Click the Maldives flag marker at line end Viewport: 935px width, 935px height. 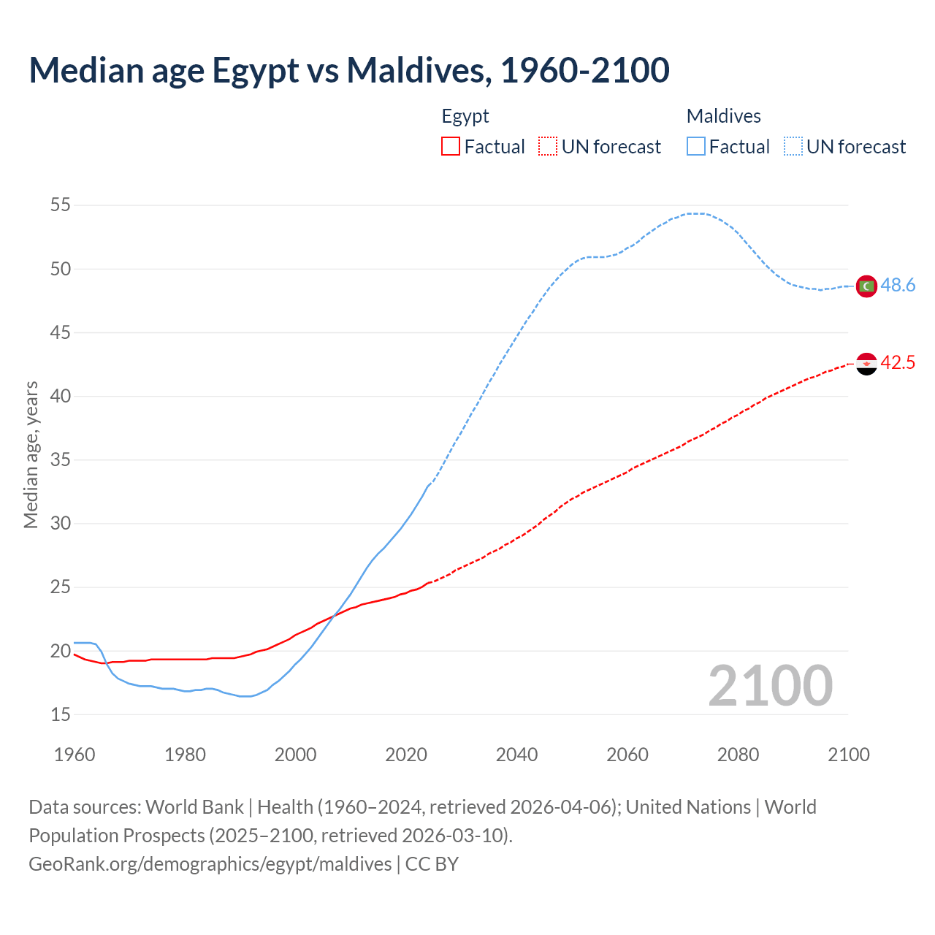point(866,286)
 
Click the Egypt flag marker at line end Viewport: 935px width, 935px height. point(866,363)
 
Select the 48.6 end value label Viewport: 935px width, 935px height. point(898,286)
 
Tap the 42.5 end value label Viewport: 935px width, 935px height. point(898,362)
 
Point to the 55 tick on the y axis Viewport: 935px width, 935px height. point(61,205)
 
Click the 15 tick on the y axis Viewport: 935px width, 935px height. point(61,714)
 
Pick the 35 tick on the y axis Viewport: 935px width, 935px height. point(61,460)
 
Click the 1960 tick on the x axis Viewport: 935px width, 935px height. point(75,755)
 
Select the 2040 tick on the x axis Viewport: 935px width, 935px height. point(516,755)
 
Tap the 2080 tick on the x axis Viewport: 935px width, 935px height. point(738,755)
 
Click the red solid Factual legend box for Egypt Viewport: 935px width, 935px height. point(451,147)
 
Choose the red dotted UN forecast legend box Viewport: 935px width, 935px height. point(548,147)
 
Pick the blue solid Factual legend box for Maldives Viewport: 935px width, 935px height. point(696,147)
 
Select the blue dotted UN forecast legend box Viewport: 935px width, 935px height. point(793,147)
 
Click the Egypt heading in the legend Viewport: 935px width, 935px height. point(465,116)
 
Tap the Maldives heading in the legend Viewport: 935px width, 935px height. point(724,116)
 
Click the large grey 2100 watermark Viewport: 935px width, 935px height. point(771,686)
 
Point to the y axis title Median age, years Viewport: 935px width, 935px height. point(31,454)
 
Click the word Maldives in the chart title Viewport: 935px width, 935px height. point(416,70)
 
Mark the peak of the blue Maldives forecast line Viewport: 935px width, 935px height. point(695,213)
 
